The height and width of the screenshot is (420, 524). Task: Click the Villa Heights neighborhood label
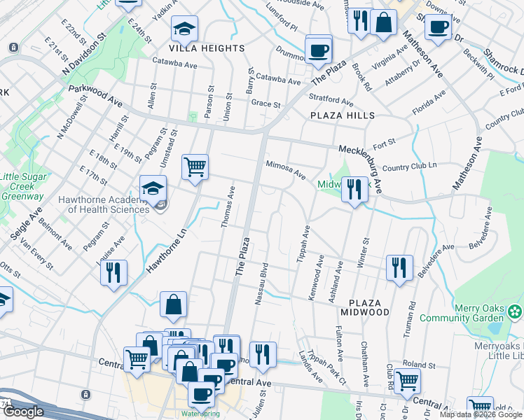click(x=207, y=48)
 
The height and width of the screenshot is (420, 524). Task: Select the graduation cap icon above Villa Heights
click(x=185, y=29)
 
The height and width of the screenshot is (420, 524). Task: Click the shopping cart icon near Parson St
click(x=195, y=167)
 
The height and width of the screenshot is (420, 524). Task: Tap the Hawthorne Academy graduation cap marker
click(x=153, y=188)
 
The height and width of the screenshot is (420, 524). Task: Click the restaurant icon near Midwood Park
click(x=355, y=189)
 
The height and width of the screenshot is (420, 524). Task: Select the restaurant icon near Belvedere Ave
click(x=399, y=268)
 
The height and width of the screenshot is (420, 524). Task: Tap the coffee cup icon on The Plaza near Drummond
click(x=319, y=50)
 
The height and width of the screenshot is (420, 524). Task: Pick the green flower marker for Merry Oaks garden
click(x=516, y=309)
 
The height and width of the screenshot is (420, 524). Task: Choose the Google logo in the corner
click(x=22, y=412)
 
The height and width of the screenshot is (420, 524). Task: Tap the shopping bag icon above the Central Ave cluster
click(x=173, y=305)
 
